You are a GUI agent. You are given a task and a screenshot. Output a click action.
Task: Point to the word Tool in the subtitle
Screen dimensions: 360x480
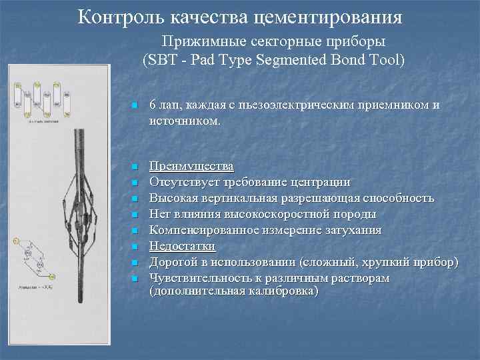383,61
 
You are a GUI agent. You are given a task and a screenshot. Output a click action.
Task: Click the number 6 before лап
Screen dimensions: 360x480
153,105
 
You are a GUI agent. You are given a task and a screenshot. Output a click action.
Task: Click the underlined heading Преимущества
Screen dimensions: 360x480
191,165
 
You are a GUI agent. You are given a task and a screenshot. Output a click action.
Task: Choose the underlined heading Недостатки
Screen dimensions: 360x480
182,246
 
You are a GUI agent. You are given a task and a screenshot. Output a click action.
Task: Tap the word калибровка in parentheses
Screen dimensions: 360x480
279,292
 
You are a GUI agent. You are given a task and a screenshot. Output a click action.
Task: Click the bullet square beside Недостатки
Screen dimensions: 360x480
134,247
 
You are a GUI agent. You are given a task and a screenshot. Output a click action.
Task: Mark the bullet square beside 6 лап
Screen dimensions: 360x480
134,106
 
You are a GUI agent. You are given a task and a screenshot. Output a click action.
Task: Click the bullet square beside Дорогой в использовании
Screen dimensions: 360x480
134,263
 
